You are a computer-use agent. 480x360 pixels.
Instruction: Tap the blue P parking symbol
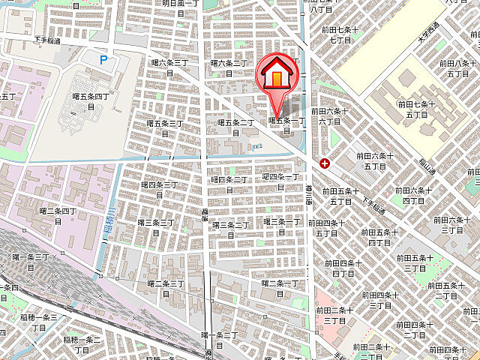click(x=103, y=58)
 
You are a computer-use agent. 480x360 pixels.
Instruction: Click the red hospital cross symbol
click(x=324, y=163)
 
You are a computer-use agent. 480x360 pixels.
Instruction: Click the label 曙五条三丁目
click(x=166, y=127)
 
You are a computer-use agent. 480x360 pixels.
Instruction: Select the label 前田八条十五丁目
click(x=457, y=68)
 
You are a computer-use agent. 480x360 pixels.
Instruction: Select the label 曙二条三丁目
click(x=166, y=289)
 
